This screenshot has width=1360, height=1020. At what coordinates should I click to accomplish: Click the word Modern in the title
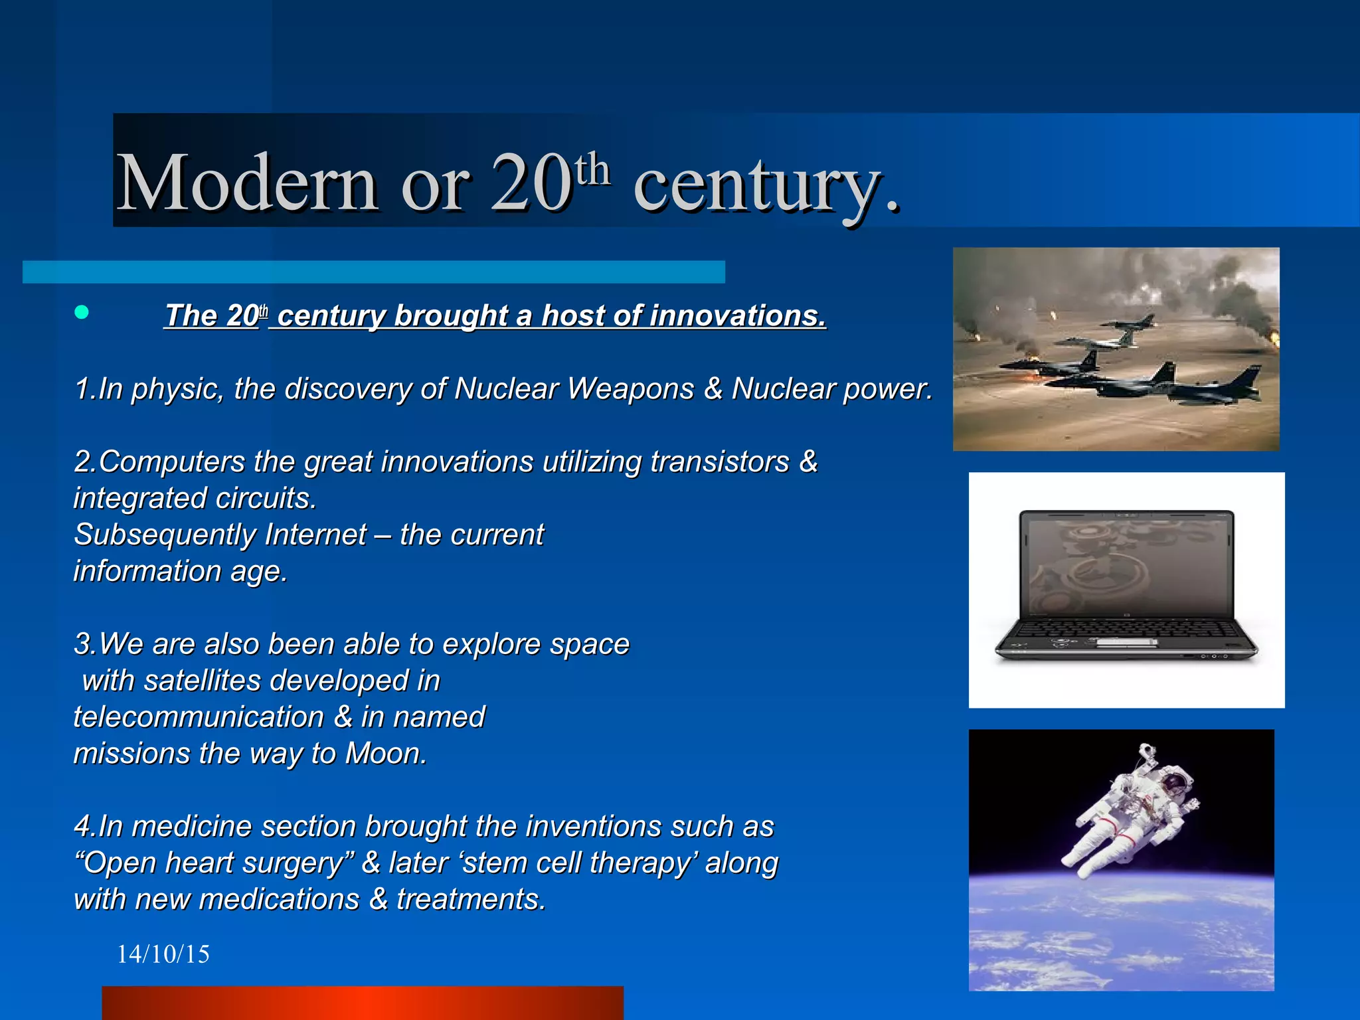click(247, 183)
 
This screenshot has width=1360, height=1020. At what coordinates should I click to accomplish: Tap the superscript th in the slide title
click(592, 169)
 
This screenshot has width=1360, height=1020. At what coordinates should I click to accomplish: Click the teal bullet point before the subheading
click(82, 312)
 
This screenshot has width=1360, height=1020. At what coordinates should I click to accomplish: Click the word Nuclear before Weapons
click(506, 388)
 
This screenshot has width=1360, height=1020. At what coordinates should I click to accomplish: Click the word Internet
click(315, 535)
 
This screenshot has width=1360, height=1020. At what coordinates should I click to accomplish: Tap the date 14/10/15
click(163, 954)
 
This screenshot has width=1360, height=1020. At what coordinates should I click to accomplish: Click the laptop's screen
click(1127, 564)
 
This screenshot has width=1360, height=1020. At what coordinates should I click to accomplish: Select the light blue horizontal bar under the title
click(373, 272)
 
